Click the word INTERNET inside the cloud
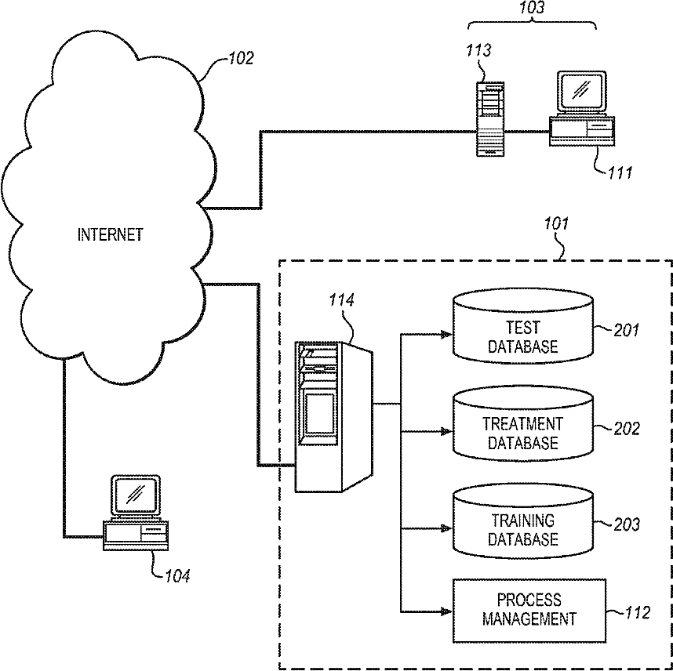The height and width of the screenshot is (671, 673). pyautogui.click(x=110, y=234)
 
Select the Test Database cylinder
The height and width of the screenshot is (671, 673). pyautogui.click(x=523, y=325)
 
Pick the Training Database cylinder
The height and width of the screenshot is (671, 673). pyautogui.click(x=523, y=520)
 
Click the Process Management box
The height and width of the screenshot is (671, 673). pyautogui.click(x=529, y=611)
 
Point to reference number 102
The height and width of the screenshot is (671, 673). pyautogui.click(x=241, y=58)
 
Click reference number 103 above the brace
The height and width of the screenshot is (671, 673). pyautogui.click(x=532, y=8)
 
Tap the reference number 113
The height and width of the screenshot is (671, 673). pyautogui.click(x=478, y=51)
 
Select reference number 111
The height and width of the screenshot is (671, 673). pyautogui.click(x=620, y=172)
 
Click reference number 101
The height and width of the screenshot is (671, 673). pyautogui.click(x=556, y=223)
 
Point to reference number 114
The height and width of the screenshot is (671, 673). pyautogui.click(x=342, y=300)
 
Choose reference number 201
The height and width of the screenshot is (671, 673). pyautogui.click(x=626, y=330)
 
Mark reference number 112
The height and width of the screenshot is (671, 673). pyautogui.click(x=638, y=613)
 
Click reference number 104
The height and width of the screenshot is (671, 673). pyautogui.click(x=177, y=575)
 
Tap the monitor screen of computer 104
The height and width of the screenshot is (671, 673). pyautogui.click(x=135, y=495)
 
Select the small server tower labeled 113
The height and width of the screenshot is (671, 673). pyautogui.click(x=490, y=119)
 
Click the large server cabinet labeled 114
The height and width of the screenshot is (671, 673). pyautogui.click(x=333, y=416)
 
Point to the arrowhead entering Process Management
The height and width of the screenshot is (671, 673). pyautogui.click(x=446, y=611)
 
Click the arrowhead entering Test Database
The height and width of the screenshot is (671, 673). pyautogui.click(x=446, y=334)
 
